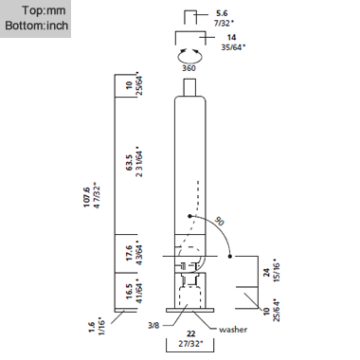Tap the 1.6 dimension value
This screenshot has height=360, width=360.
pos(92,326)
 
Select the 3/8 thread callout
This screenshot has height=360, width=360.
pos(154,326)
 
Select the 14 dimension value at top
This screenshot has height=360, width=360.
pos(231,36)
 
